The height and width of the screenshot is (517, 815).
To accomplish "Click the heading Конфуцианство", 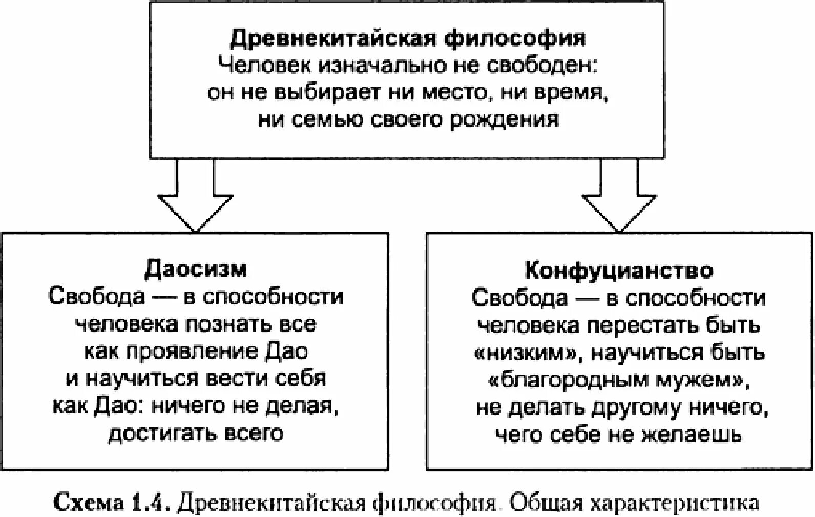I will coord(619,270).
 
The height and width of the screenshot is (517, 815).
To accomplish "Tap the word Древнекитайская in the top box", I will coord(332,39).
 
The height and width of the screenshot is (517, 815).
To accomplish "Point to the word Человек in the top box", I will coord(264,66).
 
